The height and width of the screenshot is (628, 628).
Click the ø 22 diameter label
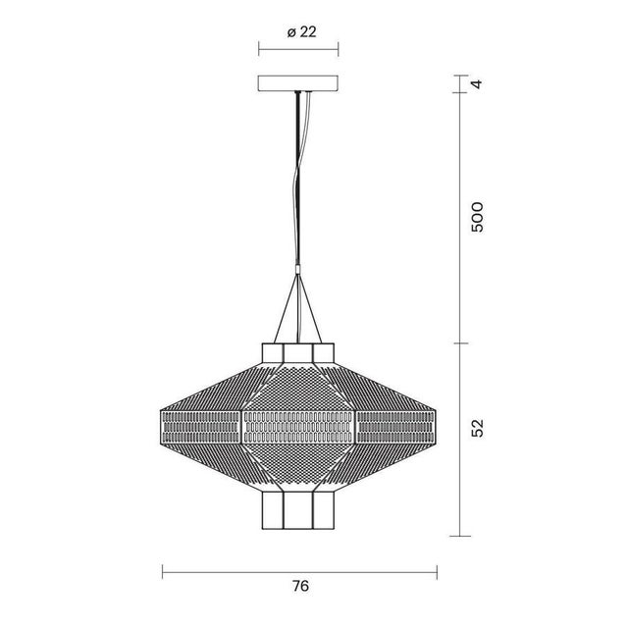(x=301, y=31)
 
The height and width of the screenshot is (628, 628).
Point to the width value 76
(x=300, y=586)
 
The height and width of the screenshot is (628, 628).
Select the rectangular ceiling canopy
(x=298, y=84)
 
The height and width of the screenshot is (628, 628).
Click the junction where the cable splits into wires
(x=298, y=270)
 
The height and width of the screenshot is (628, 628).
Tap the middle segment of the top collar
(x=298, y=352)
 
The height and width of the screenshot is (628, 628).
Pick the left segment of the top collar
(x=272, y=352)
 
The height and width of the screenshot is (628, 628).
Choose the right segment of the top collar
(x=325, y=352)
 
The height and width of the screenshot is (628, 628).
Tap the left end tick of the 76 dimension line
(x=163, y=571)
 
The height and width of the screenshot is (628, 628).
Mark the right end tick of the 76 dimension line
(x=437, y=571)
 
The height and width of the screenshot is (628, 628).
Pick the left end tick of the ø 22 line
(x=258, y=49)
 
